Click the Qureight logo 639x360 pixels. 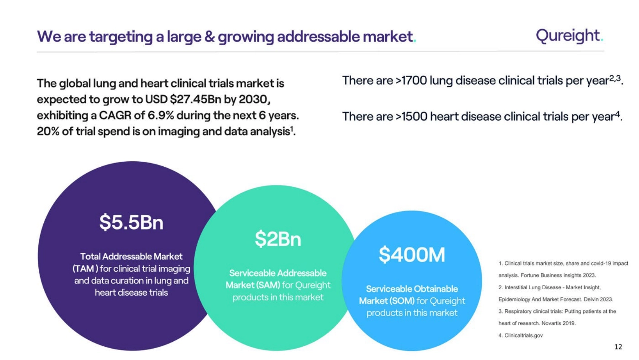[570, 36]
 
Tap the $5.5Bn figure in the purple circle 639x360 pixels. [131, 222]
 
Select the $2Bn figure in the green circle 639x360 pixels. [278, 239]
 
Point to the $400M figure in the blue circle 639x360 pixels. [412, 255]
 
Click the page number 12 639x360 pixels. [618, 347]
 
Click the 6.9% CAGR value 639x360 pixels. [161, 115]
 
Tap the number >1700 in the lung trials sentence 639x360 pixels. [411, 81]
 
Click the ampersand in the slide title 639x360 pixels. [209, 37]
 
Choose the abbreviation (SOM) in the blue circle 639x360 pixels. [401, 301]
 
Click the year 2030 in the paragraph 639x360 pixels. [253, 99]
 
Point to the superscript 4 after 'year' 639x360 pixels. [618, 114]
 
